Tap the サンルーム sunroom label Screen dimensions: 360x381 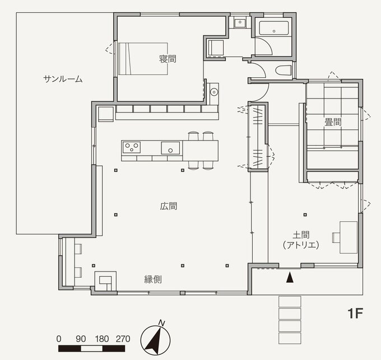63,79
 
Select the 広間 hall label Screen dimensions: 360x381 169,206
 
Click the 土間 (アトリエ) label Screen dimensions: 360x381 301,240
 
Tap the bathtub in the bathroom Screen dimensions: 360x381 273,28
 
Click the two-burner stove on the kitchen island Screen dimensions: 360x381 133,148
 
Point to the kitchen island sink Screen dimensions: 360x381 170,148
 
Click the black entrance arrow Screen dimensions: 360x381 290,277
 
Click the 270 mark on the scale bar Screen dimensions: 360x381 123,339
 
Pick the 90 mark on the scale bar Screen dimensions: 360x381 80,339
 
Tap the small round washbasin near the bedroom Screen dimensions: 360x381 213,91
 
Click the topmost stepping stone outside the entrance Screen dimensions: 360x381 289,302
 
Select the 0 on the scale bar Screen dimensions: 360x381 59,339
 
